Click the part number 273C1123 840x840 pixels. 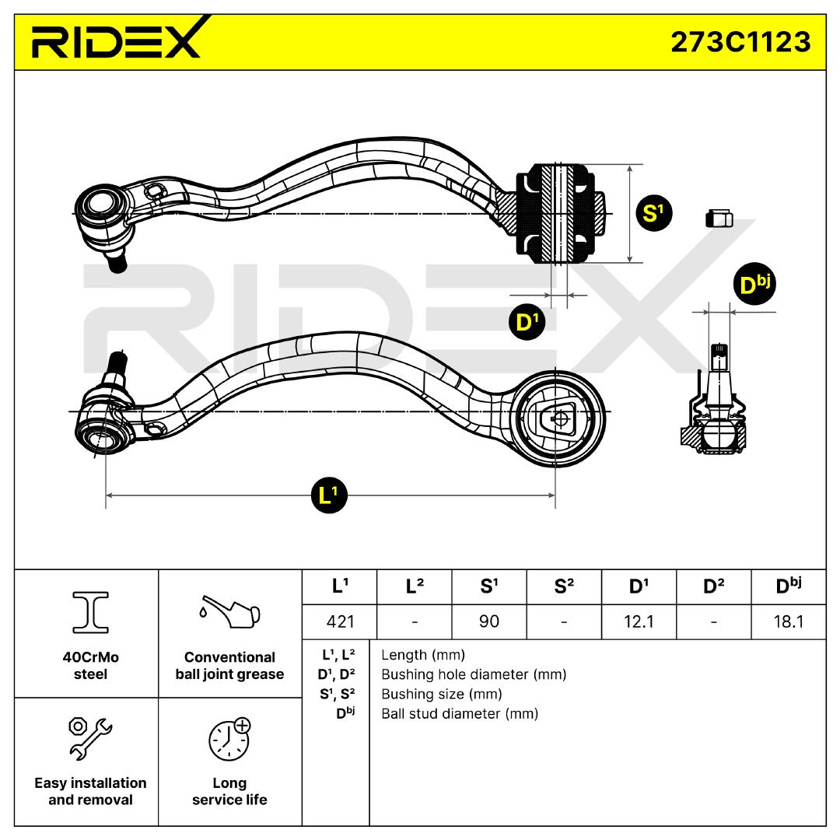coord(740,41)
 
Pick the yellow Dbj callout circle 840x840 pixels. coord(753,285)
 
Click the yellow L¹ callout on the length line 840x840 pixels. coord(330,495)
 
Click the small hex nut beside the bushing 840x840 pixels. coord(719,219)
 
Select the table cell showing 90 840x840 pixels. coord(489,621)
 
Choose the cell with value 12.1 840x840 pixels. coord(639,621)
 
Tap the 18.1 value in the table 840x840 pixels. coord(789,621)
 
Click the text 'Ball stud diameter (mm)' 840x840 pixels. coord(460,713)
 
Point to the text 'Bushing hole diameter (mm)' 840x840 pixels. coord(473,674)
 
